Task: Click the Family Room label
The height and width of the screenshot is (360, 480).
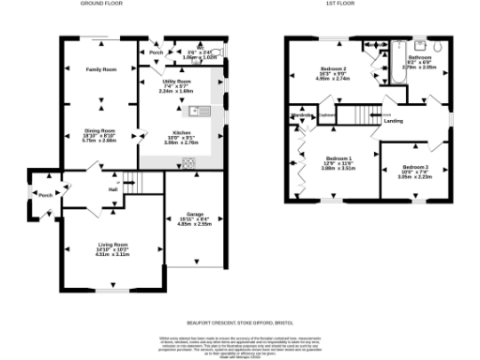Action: click(101, 70)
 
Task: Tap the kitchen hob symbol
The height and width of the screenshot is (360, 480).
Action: click(188, 162)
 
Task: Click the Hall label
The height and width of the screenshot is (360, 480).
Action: click(112, 189)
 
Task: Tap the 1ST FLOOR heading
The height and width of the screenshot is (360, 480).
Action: click(370, 4)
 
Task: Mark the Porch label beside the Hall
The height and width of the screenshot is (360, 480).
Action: click(45, 195)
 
